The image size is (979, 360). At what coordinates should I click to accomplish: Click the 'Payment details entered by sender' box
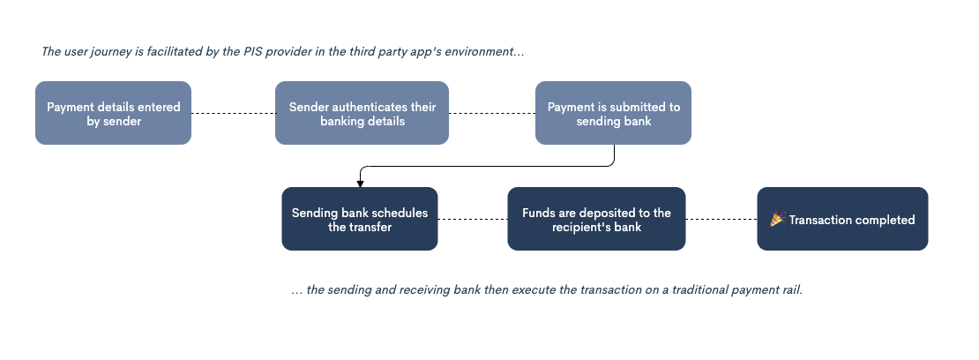(x=113, y=113)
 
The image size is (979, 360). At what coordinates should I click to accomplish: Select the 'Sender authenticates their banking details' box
(x=362, y=113)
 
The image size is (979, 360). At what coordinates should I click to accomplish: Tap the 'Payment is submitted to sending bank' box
(x=613, y=113)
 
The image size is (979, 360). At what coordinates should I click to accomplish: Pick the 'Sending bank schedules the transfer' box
(x=359, y=219)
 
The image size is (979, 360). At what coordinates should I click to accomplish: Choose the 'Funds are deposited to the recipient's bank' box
(x=596, y=219)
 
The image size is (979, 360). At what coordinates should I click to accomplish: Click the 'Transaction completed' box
(x=842, y=219)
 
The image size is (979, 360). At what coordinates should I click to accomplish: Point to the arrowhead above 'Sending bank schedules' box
(x=360, y=183)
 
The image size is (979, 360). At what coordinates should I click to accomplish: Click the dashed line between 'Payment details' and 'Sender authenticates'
(x=233, y=113)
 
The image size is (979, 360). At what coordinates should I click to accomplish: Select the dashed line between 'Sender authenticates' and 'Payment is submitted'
(x=491, y=113)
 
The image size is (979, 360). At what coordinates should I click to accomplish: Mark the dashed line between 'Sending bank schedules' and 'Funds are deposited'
(x=473, y=219)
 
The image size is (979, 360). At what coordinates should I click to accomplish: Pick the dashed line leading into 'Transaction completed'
(x=721, y=219)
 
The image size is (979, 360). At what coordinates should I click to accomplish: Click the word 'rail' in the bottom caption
(x=790, y=290)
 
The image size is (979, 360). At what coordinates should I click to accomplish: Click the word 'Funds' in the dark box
(x=538, y=213)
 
